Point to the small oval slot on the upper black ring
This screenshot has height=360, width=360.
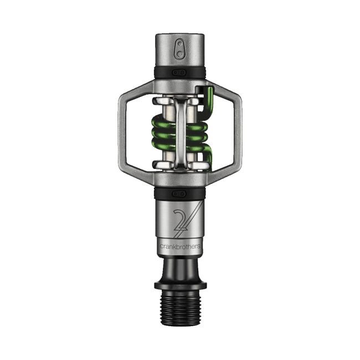click(x=179, y=72)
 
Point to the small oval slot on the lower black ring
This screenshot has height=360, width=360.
click(x=179, y=193)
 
